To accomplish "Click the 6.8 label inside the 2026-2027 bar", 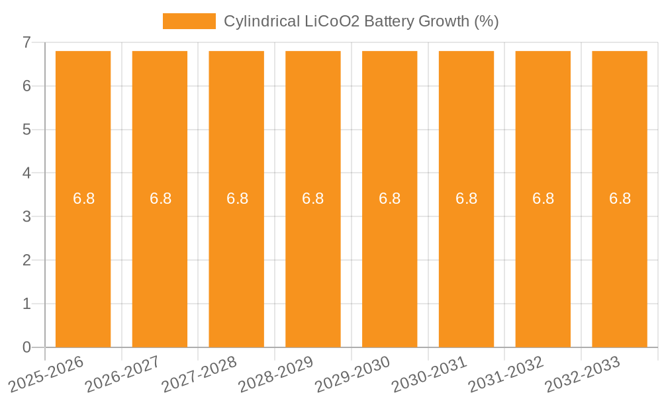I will [160, 198].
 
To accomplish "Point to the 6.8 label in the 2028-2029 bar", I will [312, 198].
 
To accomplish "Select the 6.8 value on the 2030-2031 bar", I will [466, 198].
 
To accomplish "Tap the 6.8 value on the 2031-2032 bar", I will [543, 198].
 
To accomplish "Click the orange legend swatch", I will [189, 21].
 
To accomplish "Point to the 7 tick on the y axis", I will [26, 42].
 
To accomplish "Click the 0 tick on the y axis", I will [26, 347].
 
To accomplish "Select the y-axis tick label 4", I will [26, 173].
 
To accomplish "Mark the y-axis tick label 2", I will [26, 260].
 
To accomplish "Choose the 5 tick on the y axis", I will [26, 130].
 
